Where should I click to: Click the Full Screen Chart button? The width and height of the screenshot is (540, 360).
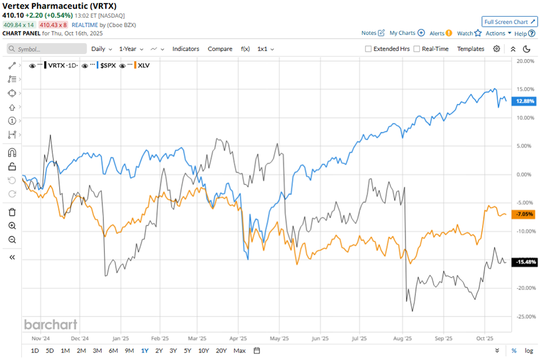click(510, 22)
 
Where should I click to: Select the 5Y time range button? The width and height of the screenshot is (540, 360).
click(188, 350)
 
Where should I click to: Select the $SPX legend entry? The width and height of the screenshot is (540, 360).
click(107, 65)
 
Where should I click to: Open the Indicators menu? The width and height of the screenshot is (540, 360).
click(186, 49)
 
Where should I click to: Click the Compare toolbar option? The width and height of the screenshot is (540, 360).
click(219, 49)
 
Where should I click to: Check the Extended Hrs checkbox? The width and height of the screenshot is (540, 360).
click(368, 49)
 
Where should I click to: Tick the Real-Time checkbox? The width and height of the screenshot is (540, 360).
click(416, 49)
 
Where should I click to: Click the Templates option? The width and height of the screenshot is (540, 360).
click(470, 49)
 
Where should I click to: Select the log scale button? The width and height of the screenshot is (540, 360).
click(529, 350)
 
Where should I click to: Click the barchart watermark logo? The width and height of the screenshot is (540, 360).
click(51, 324)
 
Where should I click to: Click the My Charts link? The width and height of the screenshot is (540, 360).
click(407, 33)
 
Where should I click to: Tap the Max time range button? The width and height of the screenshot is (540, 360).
click(240, 350)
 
